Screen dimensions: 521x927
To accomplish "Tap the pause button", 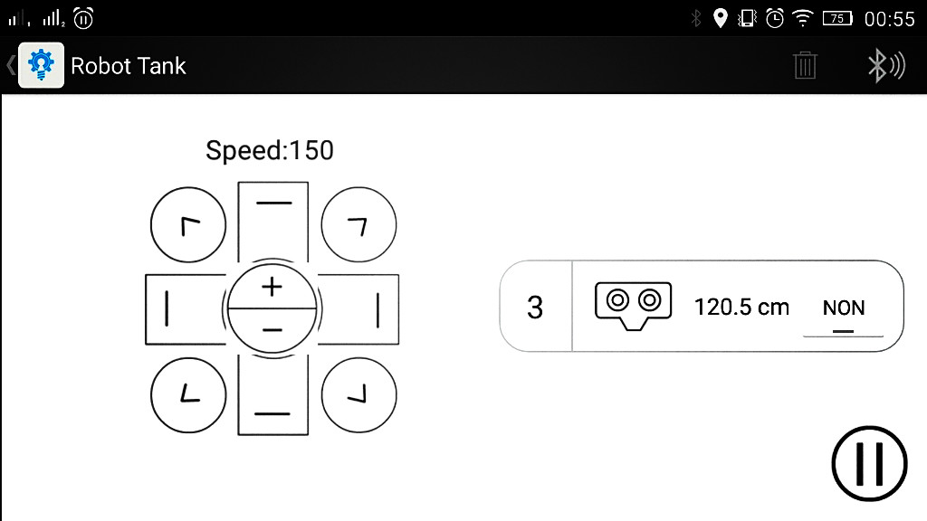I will (x=869, y=463).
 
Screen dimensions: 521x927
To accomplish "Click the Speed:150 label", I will (x=270, y=150).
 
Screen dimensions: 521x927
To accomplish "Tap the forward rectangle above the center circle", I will (x=272, y=222).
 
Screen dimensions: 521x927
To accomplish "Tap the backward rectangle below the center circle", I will (x=272, y=398).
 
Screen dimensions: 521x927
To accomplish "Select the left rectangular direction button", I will (x=181, y=309).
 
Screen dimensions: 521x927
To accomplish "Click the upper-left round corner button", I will (x=188, y=226).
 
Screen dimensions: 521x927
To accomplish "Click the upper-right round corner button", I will (x=358, y=226).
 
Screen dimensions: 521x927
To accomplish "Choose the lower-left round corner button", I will (x=188, y=394).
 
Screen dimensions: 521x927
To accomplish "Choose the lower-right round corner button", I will (x=358, y=394).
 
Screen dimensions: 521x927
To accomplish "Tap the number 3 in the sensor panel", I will (x=535, y=308).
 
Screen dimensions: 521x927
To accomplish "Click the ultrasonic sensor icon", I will (x=633, y=304).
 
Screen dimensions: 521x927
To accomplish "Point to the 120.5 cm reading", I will (x=741, y=308).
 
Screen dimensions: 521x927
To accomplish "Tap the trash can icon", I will (x=804, y=65).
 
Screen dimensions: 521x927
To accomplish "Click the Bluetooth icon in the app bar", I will (x=884, y=65).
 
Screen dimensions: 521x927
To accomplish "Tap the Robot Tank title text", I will (x=129, y=66).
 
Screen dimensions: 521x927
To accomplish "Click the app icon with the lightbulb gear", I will (x=42, y=66).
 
